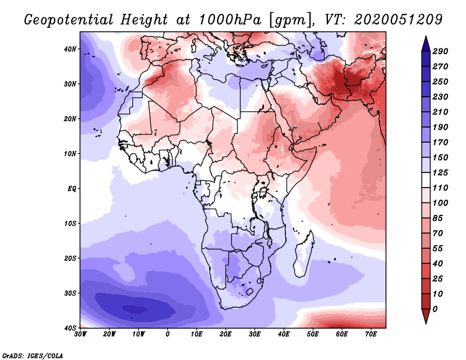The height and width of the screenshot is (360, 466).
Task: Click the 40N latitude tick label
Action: [x=70, y=49]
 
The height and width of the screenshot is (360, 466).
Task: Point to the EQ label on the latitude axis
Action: [x=72, y=189]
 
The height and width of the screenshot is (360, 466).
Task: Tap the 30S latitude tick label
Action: [x=70, y=294]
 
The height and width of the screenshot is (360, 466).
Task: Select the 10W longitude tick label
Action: [x=139, y=334]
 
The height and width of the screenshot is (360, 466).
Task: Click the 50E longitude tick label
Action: [x=313, y=334]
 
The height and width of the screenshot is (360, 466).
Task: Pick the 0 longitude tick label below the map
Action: [x=168, y=334]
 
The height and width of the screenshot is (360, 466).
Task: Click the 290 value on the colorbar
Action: [x=440, y=51]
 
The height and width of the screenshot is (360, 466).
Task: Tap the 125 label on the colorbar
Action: [x=440, y=172]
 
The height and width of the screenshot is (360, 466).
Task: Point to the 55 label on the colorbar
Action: [x=438, y=249]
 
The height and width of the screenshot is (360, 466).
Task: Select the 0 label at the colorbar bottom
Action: [x=435, y=309]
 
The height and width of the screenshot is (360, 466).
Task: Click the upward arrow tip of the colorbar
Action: [x=426, y=37]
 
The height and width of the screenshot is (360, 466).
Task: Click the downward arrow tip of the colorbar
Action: [x=426, y=323]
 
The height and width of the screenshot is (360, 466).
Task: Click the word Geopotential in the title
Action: [x=69, y=20]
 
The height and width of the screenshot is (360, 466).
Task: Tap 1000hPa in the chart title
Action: [x=230, y=20]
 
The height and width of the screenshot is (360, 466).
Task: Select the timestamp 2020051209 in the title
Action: [x=398, y=20]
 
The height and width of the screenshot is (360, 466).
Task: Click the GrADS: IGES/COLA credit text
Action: [x=33, y=356]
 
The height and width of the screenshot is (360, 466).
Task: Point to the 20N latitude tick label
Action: [x=70, y=119]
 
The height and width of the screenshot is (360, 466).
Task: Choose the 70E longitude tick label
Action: [x=370, y=334]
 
